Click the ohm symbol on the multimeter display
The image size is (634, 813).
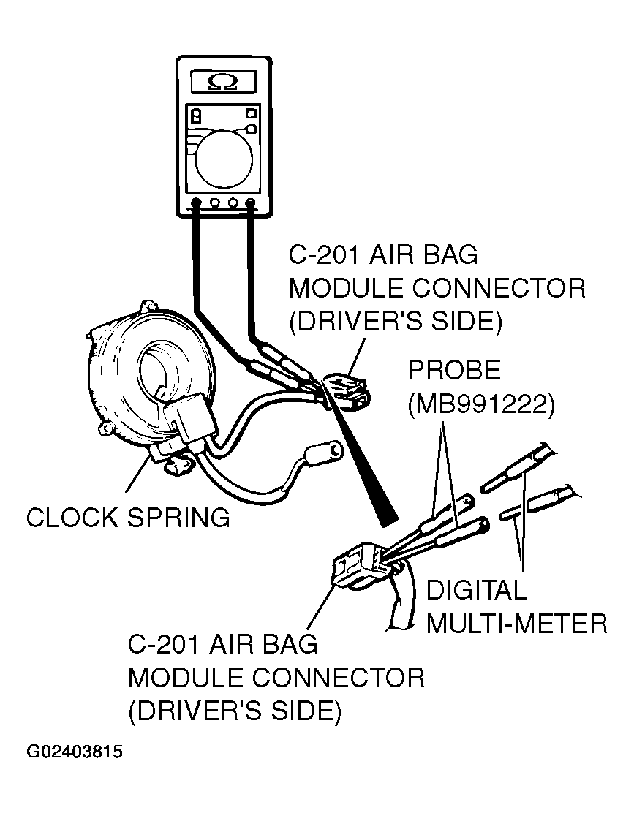[222, 81]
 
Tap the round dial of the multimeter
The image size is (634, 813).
[223, 156]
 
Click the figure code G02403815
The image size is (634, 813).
[75, 752]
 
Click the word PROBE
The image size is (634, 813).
[454, 371]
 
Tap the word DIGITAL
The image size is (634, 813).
[476, 590]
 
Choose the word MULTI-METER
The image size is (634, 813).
[516, 623]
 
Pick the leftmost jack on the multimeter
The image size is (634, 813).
[196, 203]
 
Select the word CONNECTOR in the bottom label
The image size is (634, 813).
[347, 677]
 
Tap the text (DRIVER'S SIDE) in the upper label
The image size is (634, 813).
[395, 321]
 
